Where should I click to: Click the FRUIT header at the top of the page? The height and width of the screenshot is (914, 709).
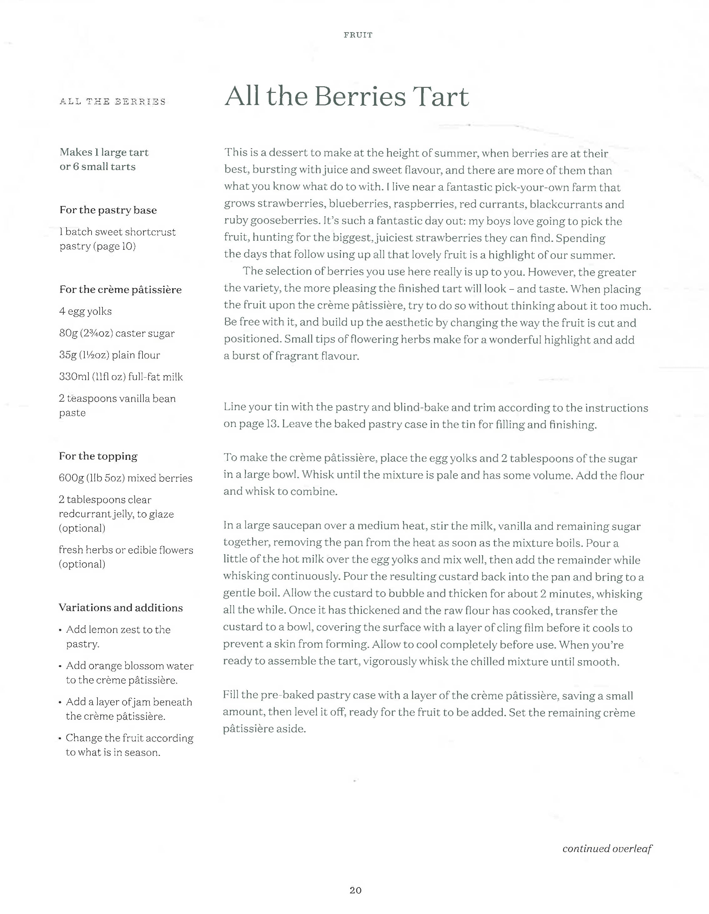[x=358, y=35]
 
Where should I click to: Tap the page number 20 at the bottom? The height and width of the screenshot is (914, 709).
[x=355, y=890]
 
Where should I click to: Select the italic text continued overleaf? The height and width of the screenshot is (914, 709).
[x=607, y=848]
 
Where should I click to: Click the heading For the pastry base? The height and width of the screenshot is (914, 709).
[x=108, y=210]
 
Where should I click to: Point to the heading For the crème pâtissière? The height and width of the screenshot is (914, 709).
[x=121, y=289]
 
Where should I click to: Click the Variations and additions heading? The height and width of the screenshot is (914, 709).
[x=121, y=608]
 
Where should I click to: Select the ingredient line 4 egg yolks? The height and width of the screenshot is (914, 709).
[x=85, y=311]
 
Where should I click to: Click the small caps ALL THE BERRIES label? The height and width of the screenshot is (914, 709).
[x=112, y=102]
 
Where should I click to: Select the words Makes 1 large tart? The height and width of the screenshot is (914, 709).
[x=104, y=152]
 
